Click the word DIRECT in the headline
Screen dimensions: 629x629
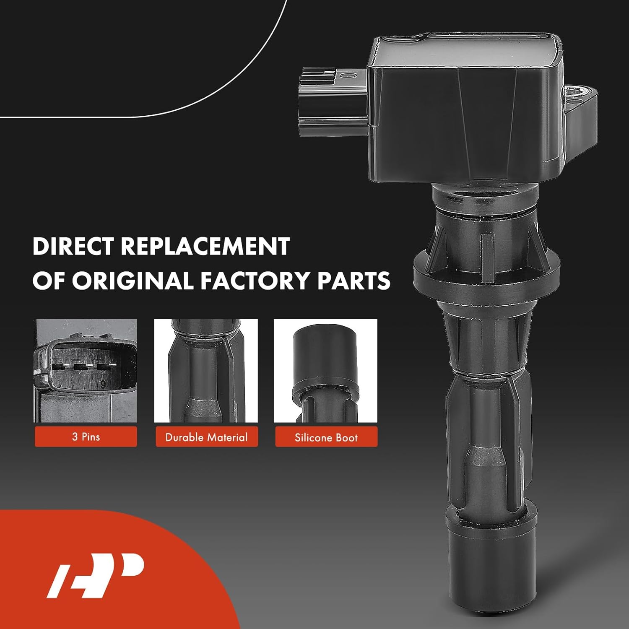(74, 247)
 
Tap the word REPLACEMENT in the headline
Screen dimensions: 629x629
(205, 247)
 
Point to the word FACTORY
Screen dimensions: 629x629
(255, 280)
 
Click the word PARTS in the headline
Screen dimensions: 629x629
(353, 280)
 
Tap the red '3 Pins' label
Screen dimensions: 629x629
(86, 437)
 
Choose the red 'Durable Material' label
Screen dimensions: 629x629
(207, 437)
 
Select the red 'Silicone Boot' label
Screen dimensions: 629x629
(326, 437)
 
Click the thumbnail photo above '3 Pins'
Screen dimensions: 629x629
(86, 371)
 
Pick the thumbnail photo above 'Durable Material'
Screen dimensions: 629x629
(206, 371)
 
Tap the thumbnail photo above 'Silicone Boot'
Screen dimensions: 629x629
(325, 371)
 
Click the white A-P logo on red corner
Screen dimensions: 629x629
(96, 575)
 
